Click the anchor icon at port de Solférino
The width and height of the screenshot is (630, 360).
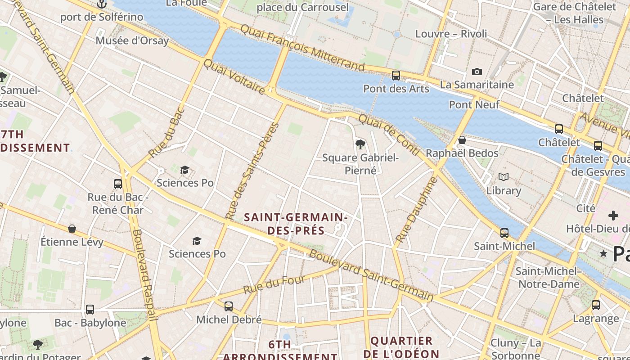[102, 4]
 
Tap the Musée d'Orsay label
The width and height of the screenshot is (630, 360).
[132, 40]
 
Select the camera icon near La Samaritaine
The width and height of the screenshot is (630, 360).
[477, 72]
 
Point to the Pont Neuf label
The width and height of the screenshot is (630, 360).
[474, 105]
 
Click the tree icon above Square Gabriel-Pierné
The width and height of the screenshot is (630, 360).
[360, 144]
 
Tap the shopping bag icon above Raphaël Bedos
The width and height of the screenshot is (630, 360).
[462, 140]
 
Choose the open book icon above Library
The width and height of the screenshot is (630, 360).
[503, 177]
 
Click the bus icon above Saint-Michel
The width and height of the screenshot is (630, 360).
[504, 233]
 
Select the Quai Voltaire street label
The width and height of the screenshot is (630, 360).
[234, 77]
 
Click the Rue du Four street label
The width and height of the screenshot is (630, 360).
[274, 285]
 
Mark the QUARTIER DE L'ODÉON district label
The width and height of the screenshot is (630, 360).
[401, 347]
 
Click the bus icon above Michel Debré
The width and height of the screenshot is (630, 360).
[229, 306]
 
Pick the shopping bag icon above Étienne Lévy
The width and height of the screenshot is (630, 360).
[72, 229]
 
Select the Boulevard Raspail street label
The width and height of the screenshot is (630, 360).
[144, 274]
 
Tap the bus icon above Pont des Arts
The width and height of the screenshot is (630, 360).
[396, 75]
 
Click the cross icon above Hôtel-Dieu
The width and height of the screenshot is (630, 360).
[613, 215]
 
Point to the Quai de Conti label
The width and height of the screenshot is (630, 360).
[389, 134]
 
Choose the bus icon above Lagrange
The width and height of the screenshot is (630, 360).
[596, 305]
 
